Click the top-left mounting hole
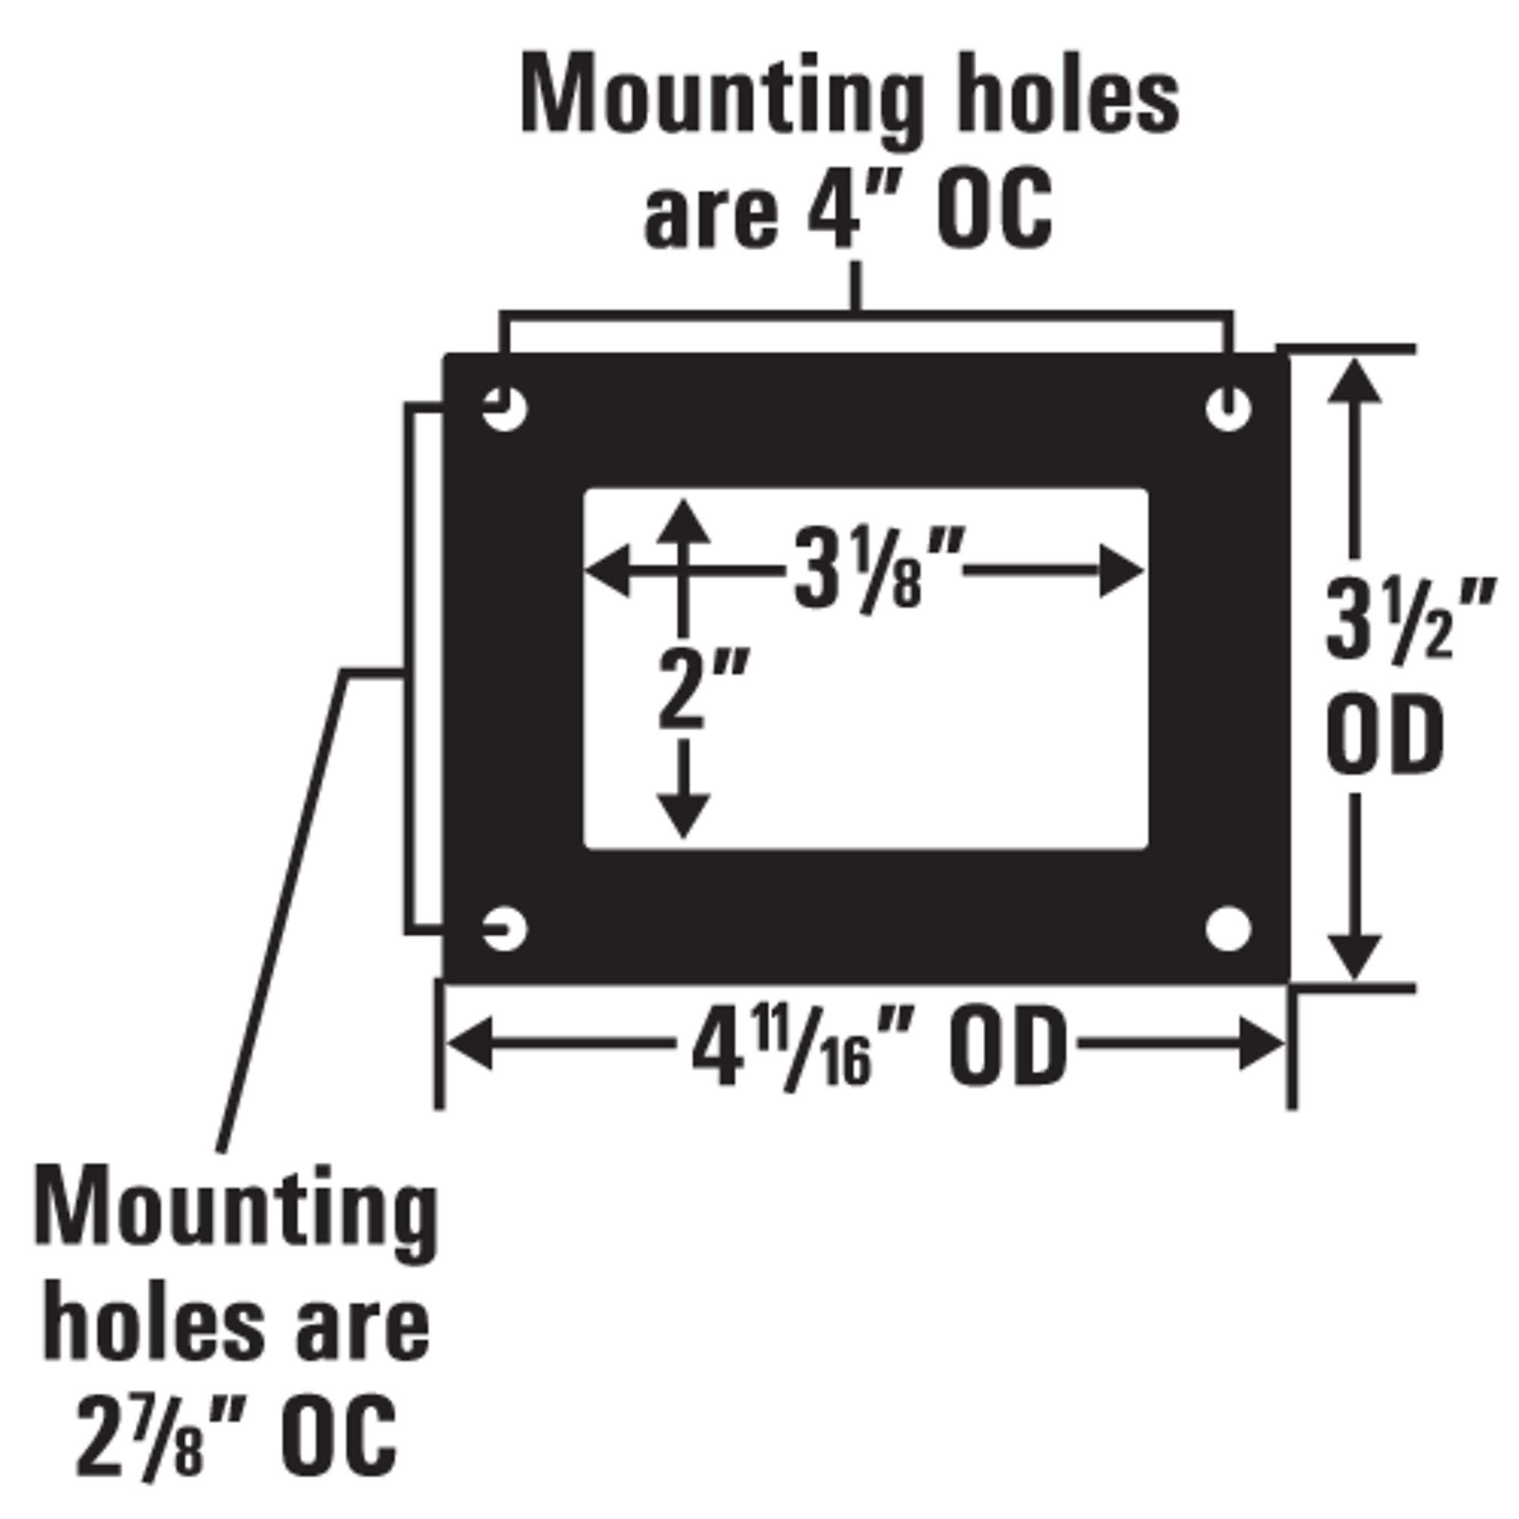click(504, 409)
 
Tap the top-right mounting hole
click(1228, 409)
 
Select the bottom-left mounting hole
click(504, 929)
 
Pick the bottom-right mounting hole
click(1228, 929)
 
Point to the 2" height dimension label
click(702, 688)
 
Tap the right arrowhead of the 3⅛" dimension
click(1121, 570)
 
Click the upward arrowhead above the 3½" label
click(1354, 381)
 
